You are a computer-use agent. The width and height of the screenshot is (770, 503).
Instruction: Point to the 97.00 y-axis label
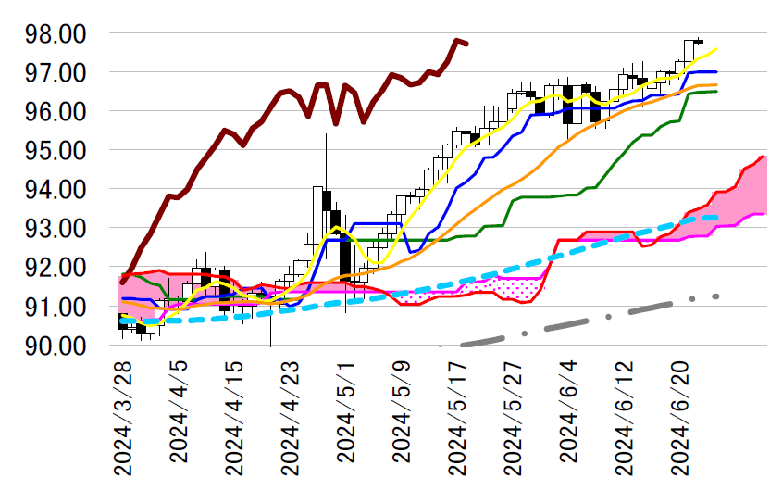[58, 72]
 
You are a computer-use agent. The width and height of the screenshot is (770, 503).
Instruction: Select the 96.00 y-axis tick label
[58, 111]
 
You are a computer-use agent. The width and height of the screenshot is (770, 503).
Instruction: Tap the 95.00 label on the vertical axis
[58, 150]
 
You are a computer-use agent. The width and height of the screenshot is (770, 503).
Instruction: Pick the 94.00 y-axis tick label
[58, 189]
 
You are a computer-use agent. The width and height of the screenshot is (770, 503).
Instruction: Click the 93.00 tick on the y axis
[58, 228]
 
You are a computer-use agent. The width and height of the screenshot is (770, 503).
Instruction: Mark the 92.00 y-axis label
[58, 267]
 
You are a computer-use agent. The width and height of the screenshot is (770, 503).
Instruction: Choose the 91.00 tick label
[58, 306]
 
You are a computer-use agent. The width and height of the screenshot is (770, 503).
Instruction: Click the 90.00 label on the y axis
[58, 345]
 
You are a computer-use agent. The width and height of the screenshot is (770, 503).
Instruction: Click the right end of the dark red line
[466, 44]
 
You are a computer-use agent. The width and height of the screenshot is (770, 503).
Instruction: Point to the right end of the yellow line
[717, 49]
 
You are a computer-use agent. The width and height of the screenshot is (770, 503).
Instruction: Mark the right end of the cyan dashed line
[717, 217]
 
